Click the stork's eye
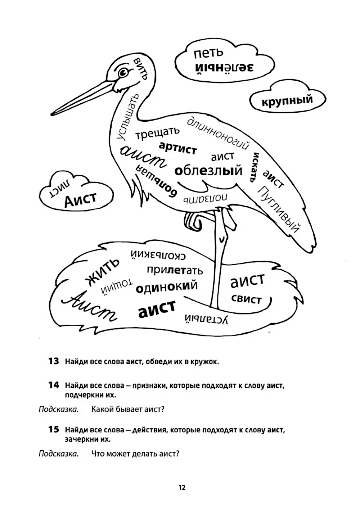pyautogui.click(x=123, y=73)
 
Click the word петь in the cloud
pyautogui.click(x=209, y=53)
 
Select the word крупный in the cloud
pyautogui.click(x=287, y=101)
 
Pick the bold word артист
pyautogui.click(x=178, y=148)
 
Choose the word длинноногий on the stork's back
pyautogui.click(x=218, y=133)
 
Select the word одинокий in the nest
pyautogui.click(x=167, y=287)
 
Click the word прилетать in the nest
pyautogui.click(x=175, y=270)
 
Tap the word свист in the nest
pyautogui.click(x=246, y=299)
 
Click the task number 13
pyautogui.click(x=53, y=361)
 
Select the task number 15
pyautogui.click(x=53, y=429)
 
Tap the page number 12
pyautogui.click(x=182, y=487)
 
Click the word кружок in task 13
pyautogui.click(x=205, y=361)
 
